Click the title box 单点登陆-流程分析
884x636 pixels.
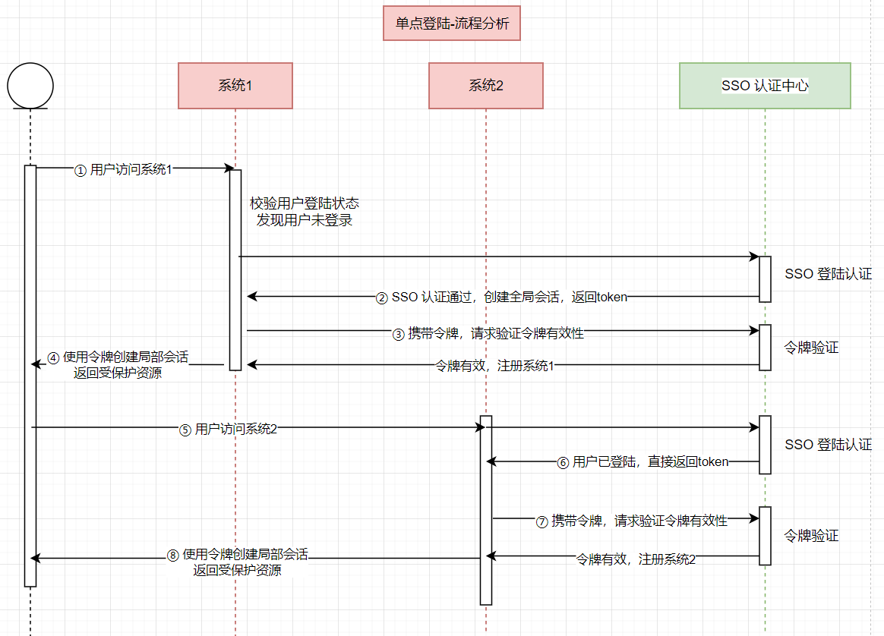coord(452,24)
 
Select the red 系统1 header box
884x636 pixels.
coord(235,85)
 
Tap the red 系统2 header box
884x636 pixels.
coord(485,85)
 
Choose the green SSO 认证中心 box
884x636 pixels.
coord(765,85)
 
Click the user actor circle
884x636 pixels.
coord(30,85)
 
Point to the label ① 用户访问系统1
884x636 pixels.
coord(123,169)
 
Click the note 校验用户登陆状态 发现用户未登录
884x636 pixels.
coord(304,212)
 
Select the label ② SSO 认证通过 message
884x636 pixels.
coord(502,297)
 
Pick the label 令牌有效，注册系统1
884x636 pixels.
coord(494,366)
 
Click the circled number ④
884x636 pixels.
coord(53,357)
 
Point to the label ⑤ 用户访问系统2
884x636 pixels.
coord(228,429)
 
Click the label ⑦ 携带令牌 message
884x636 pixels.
coord(632,521)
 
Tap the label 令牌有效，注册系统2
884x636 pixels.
coord(636,559)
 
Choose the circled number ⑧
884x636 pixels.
coord(173,555)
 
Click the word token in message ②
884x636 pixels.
coord(612,297)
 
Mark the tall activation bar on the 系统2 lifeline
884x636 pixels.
coord(486,510)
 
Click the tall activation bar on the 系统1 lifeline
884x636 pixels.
coord(235,269)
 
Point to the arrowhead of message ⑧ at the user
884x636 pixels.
coord(34,559)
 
